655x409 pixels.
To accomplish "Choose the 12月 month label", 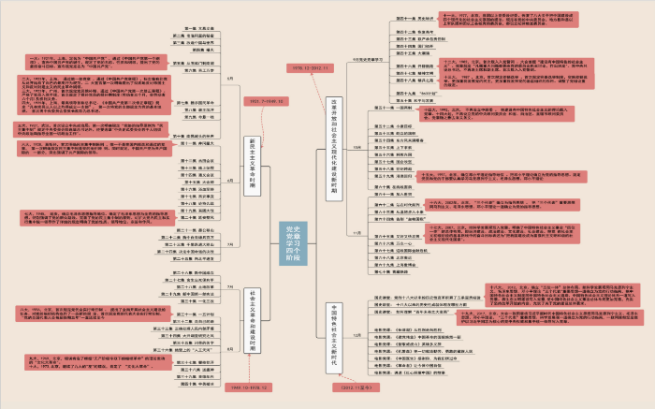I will [358, 334].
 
